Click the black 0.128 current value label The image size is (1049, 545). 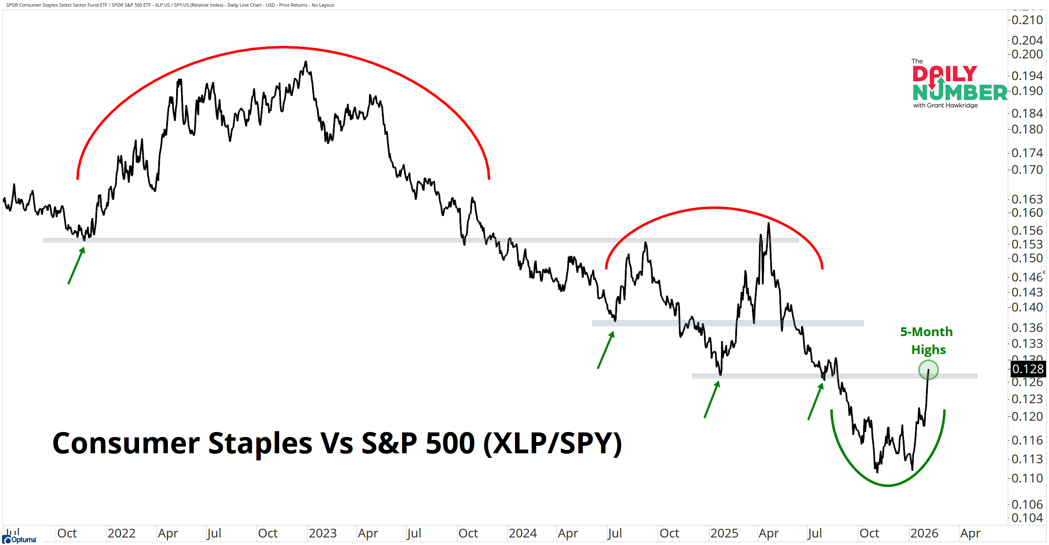[1028, 369]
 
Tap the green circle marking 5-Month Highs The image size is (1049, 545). [928, 370]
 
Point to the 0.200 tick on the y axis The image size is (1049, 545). [1027, 54]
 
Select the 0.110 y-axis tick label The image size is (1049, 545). [1027, 478]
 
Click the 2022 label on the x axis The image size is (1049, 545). [121, 533]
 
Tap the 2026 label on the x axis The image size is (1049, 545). [924, 533]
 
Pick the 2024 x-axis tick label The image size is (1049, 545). [522, 533]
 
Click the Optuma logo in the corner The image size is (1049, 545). [20, 540]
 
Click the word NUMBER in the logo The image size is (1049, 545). [959, 93]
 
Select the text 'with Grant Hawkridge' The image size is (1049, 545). [945, 105]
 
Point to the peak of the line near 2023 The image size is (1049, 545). [306, 62]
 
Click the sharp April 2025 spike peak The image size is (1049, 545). [769, 224]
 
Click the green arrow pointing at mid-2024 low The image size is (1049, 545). [606, 350]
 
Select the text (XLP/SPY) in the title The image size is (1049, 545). [552, 443]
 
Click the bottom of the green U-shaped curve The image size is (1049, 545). [888, 485]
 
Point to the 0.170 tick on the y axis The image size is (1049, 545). [1027, 170]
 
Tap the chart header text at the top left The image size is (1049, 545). [170, 5]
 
